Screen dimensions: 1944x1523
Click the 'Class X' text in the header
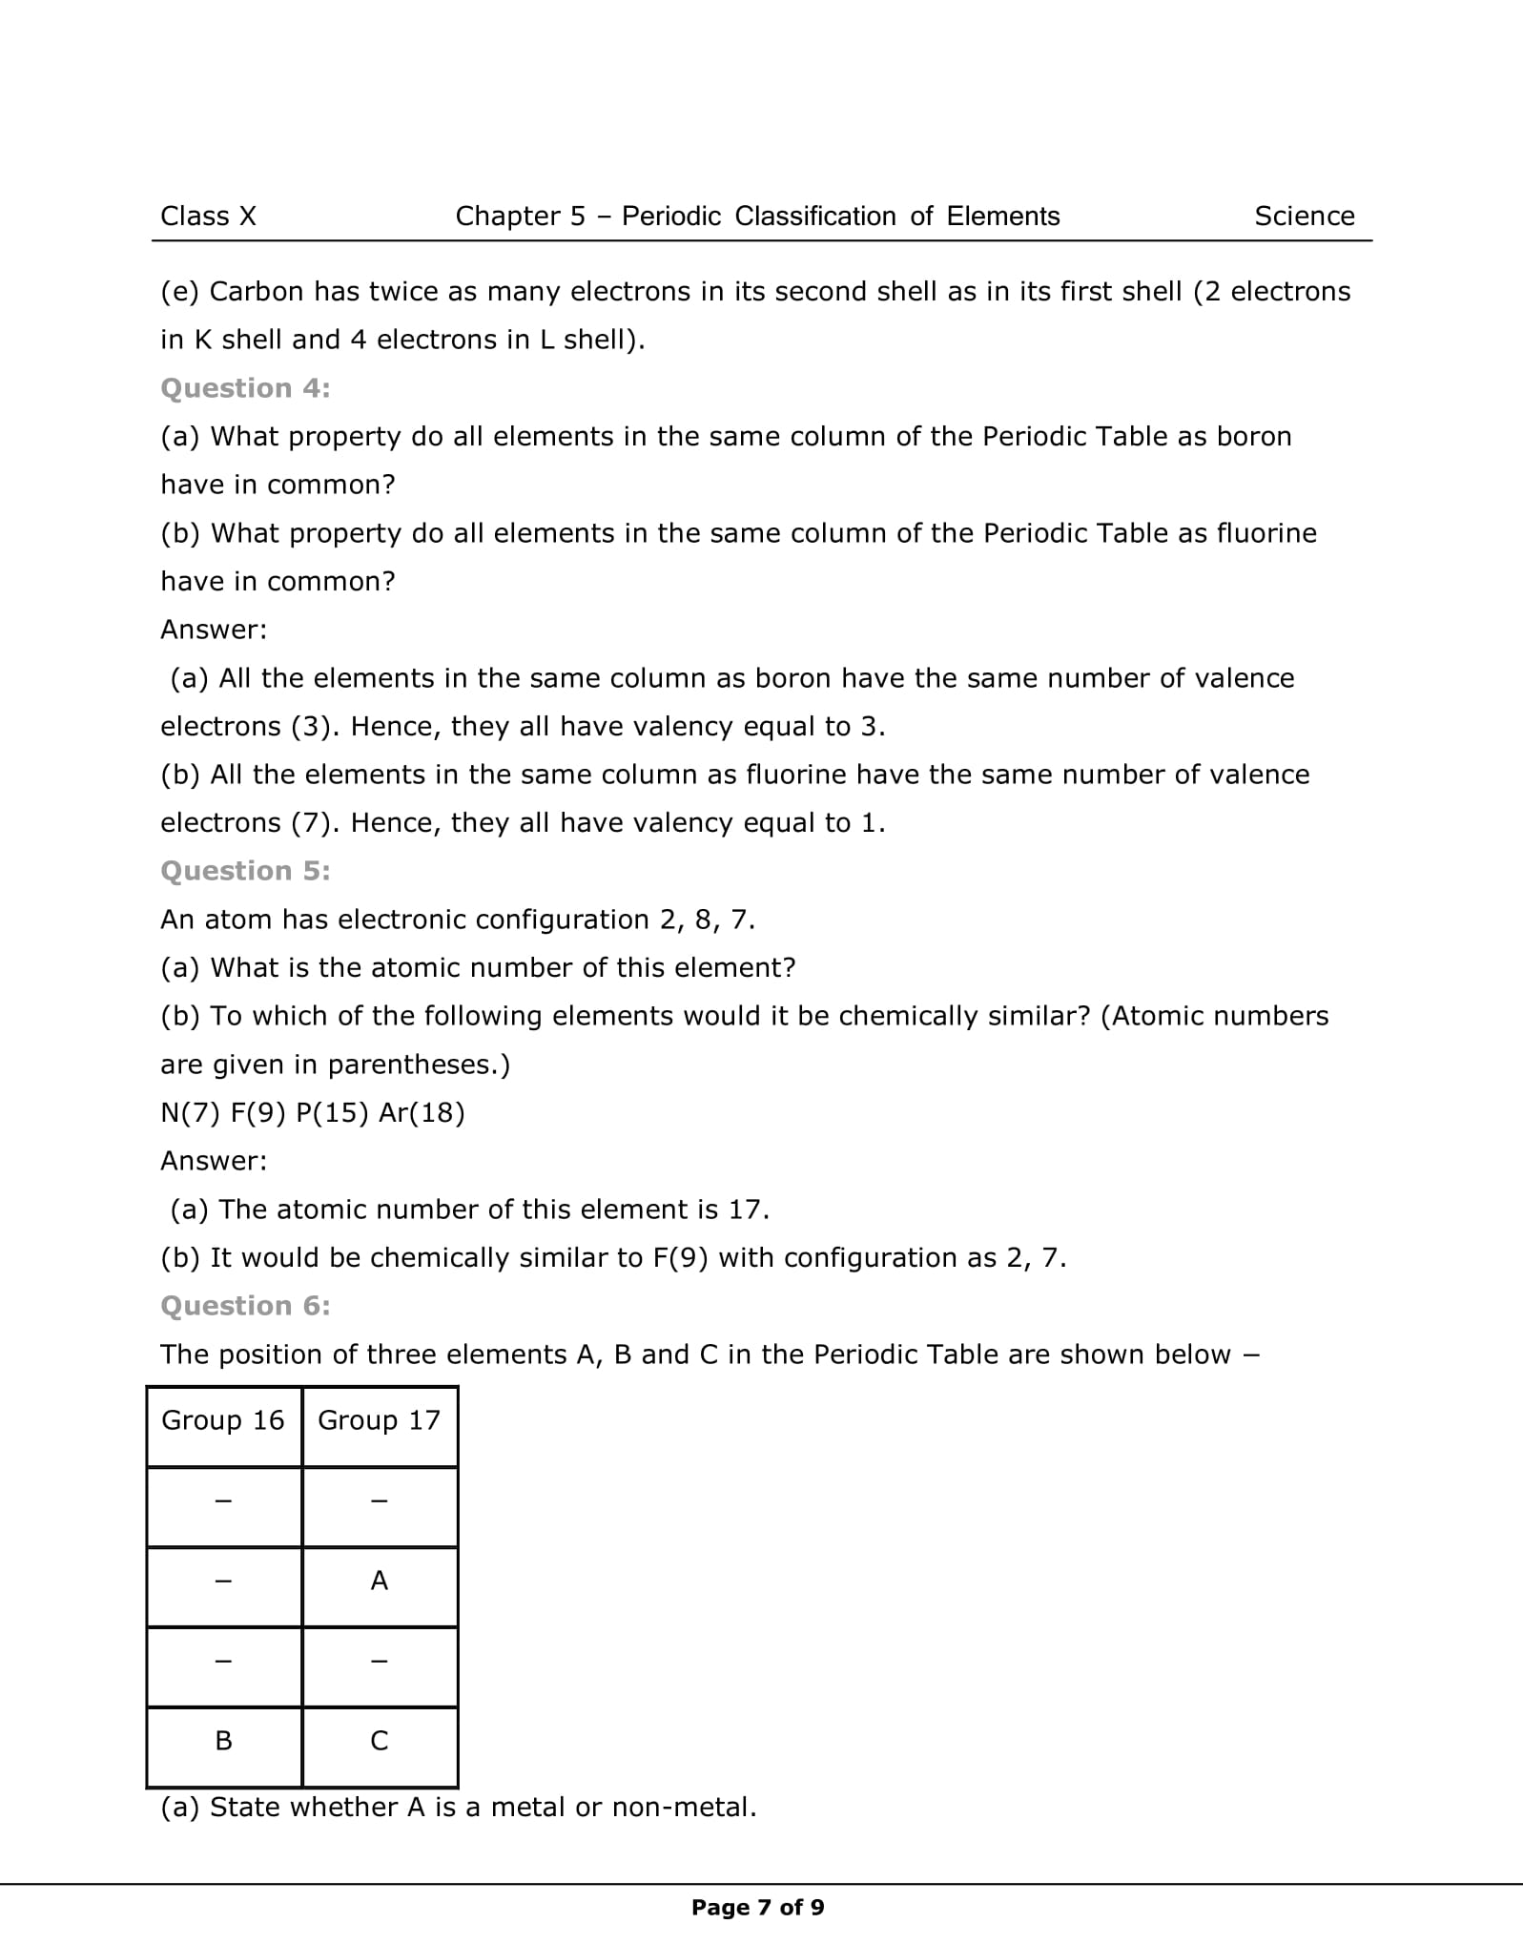click(x=208, y=217)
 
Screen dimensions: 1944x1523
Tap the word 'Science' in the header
click(x=1304, y=217)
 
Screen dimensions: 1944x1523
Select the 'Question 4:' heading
click(x=245, y=388)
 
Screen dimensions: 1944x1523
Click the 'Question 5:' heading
click(x=245, y=871)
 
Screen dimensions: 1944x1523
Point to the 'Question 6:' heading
click(x=245, y=1306)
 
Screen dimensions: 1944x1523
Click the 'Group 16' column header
click(x=223, y=1420)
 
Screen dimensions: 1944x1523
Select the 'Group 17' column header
click(x=380, y=1420)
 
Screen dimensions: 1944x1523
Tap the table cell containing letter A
click(x=380, y=1581)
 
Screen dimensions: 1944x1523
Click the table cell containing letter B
click(x=223, y=1741)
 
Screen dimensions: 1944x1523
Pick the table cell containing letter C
click(x=380, y=1741)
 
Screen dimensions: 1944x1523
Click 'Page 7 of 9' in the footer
click(x=758, y=1907)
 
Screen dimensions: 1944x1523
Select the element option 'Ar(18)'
click(x=422, y=1113)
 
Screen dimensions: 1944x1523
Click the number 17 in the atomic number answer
click(x=746, y=1210)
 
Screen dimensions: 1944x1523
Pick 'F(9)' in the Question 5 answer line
click(x=681, y=1258)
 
